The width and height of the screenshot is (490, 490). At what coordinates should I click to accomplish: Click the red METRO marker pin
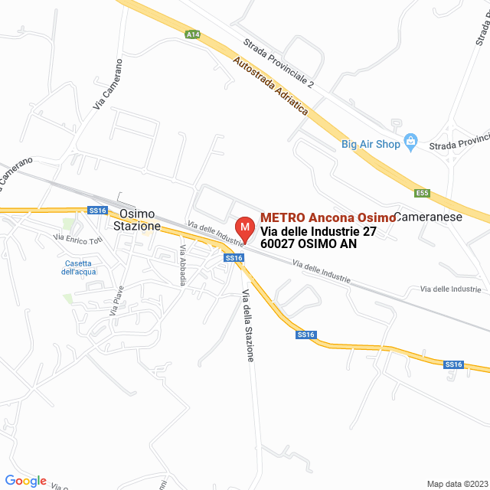(x=244, y=228)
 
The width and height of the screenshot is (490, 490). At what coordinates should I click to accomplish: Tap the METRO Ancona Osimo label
(x=328, y=217)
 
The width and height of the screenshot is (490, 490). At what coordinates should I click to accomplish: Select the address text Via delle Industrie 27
(x=318, y=231)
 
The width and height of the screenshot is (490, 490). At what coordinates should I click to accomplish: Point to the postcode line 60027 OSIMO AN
(x=309, y=245)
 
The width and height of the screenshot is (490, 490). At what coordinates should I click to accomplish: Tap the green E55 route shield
(x=421, y=193)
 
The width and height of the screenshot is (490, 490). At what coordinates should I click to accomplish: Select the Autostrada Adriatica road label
(x=270, y=87)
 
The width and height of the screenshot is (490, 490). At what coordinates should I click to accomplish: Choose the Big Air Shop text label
(x=371, y=143)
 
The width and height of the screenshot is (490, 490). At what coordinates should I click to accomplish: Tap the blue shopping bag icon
(x=411, y=142)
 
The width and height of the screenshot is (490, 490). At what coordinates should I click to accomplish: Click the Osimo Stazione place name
(x=137, y=220)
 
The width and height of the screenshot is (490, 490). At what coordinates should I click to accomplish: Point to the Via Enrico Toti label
(x=78, y=240)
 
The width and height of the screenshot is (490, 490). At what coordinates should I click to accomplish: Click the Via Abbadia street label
(x=182, y=265)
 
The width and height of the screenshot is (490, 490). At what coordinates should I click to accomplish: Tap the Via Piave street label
(x=116, y=300)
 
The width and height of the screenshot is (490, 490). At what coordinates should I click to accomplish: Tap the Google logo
(x=25, y=481)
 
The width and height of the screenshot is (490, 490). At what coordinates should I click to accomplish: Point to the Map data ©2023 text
(x=456, y=483)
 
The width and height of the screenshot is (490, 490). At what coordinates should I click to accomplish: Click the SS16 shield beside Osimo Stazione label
(x=96, y=211)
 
